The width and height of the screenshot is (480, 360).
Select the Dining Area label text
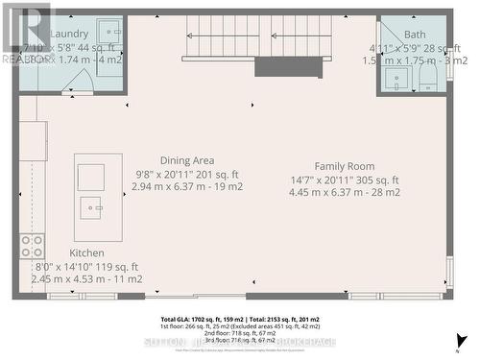click(187, 160)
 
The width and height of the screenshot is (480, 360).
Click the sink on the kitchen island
click(92, 204)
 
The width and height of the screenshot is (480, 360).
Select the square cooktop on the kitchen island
click(91, 176)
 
